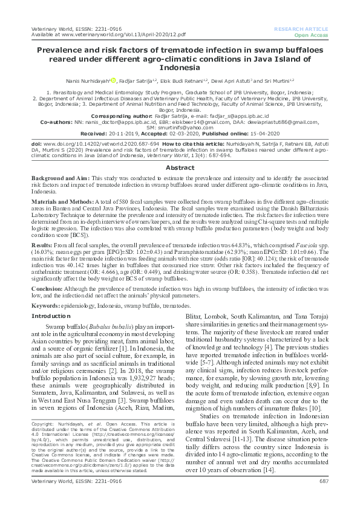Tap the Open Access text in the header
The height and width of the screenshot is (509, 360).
tap(311, 35)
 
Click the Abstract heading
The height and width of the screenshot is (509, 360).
tap(180, 151)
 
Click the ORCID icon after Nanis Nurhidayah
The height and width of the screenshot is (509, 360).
tap(113, 80)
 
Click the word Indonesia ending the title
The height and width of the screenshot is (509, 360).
tap(180, 68)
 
